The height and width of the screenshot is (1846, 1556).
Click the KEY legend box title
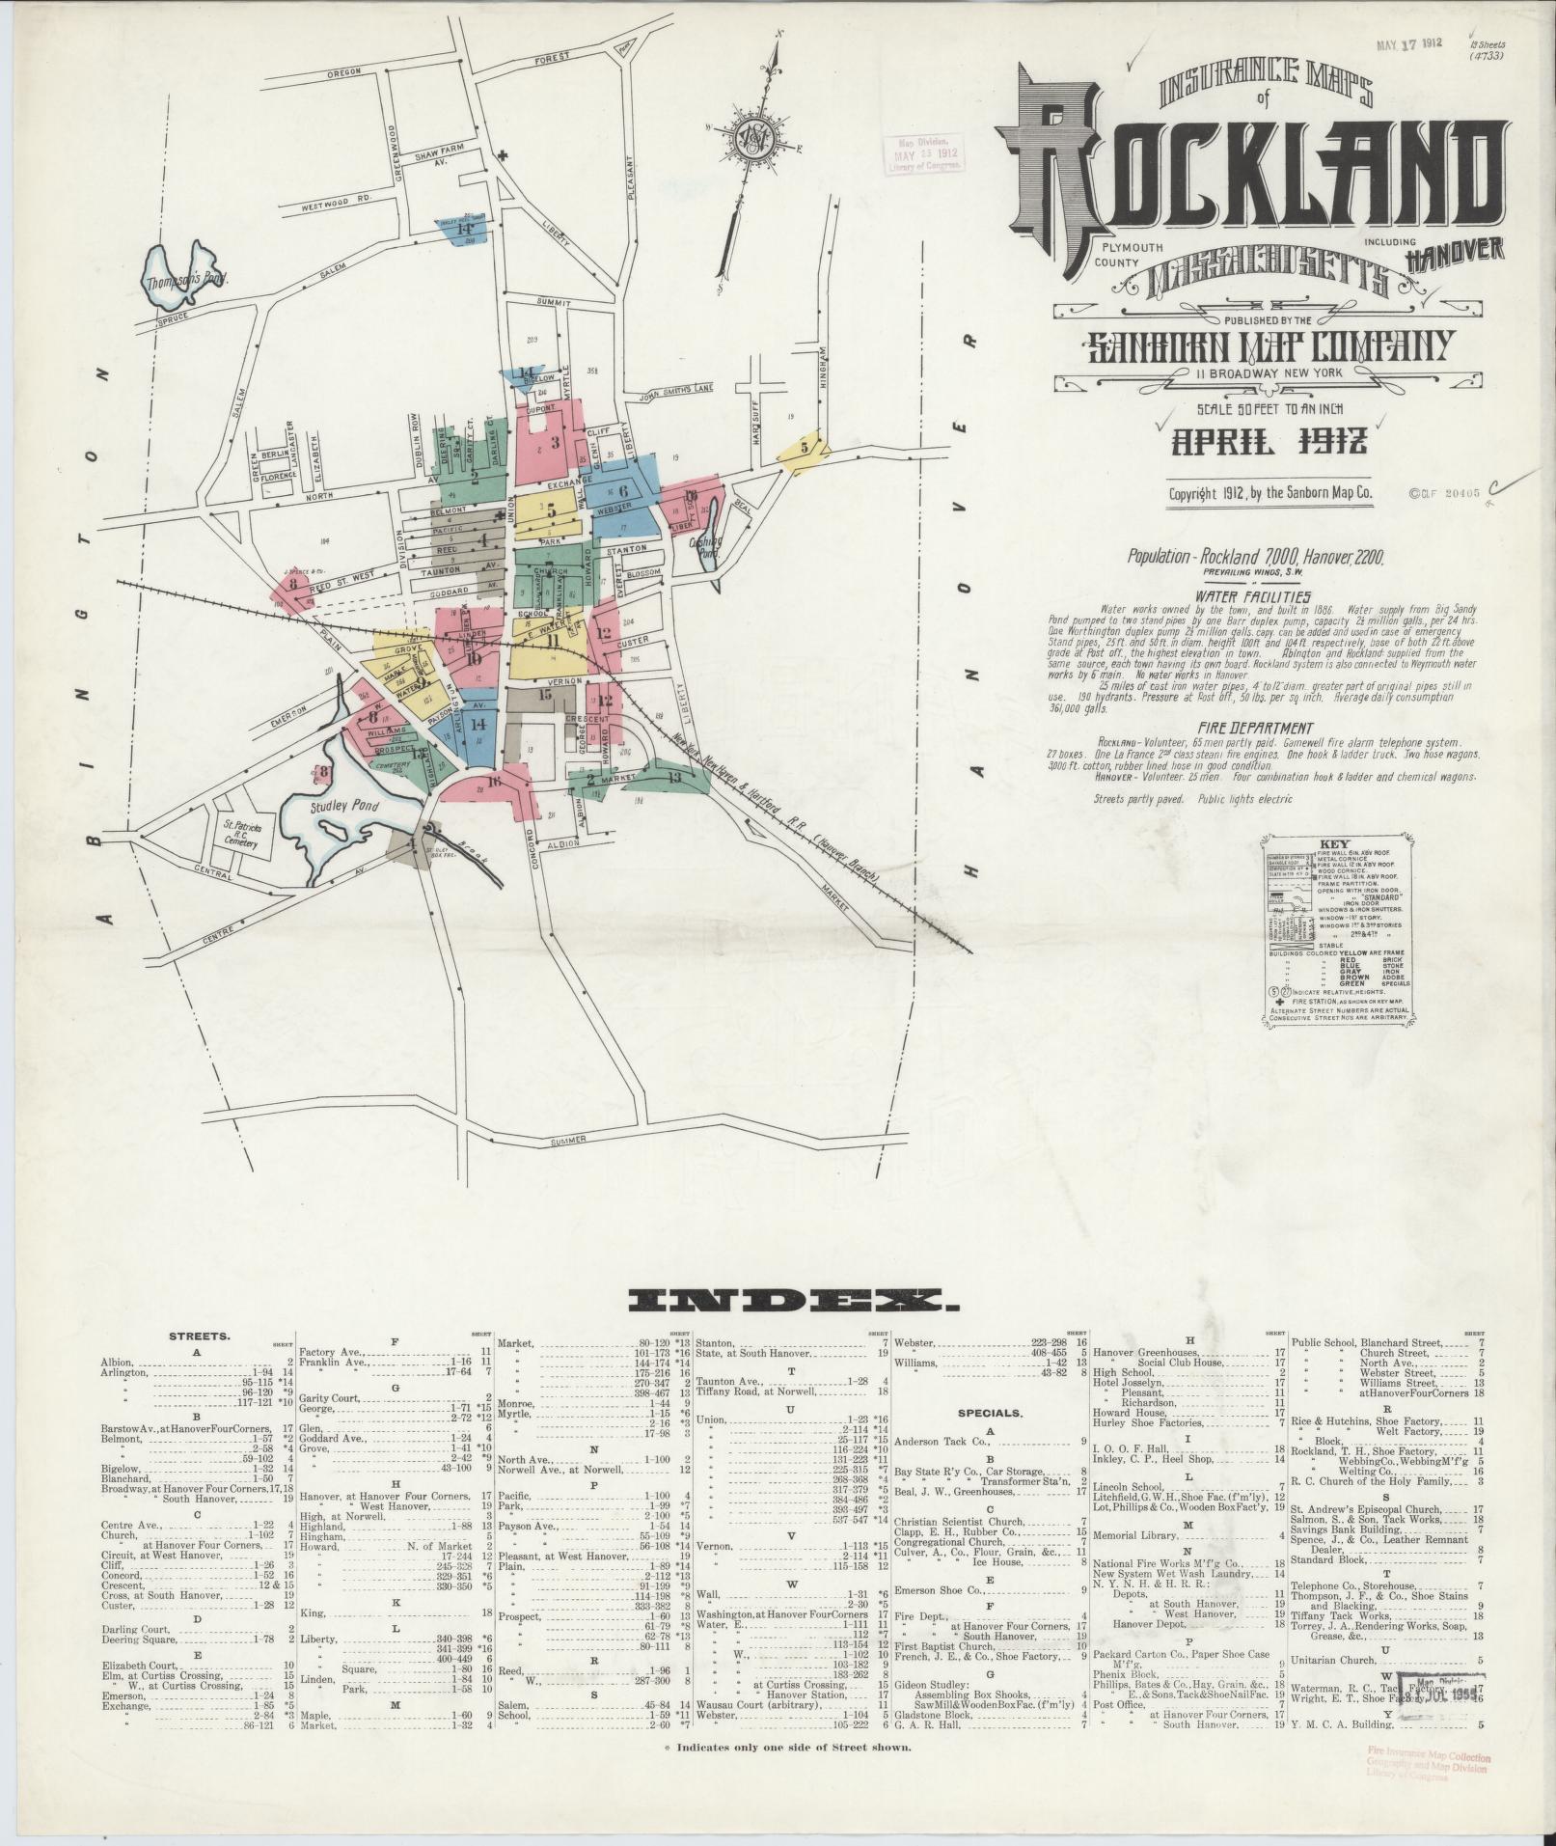[1340, 842]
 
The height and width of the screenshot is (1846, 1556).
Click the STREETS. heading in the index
[200, 1337]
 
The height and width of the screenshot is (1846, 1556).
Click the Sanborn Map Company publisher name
[1269, 345]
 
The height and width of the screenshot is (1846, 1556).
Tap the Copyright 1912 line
[1269, 493]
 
